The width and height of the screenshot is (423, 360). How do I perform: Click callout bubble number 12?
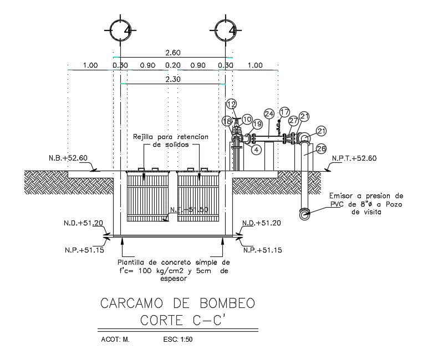232,104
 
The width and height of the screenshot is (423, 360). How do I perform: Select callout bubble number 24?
269,114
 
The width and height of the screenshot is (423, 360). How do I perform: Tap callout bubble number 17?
284,111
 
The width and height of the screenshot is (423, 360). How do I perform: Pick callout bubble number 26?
321,148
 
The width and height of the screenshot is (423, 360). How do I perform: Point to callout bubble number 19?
257,124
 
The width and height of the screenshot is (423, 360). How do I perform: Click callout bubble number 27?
294,120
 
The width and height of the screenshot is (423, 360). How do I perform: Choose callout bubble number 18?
227,121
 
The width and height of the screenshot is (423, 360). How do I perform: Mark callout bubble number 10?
247,119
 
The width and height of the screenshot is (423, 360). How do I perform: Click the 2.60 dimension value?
173,53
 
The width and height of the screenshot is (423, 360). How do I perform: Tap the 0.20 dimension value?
173,65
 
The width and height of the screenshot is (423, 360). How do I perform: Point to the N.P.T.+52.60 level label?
354,158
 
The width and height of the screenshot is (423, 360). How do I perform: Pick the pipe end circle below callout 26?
304,213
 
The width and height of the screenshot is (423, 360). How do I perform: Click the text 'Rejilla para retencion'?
170,136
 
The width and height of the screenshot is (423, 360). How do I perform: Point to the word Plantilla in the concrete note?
134,262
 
